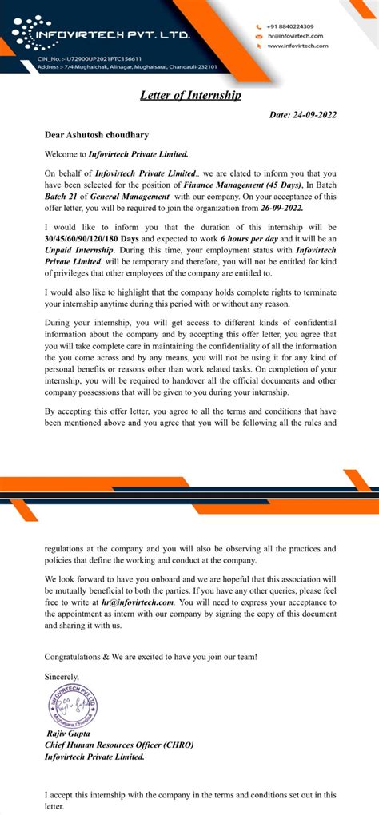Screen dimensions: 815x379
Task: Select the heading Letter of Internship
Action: coord(190,95)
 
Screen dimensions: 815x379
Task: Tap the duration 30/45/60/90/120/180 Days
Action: coord(92,238)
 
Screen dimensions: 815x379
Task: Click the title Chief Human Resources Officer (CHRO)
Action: coord(119,745)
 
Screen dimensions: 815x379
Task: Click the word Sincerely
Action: coord(62,677)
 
